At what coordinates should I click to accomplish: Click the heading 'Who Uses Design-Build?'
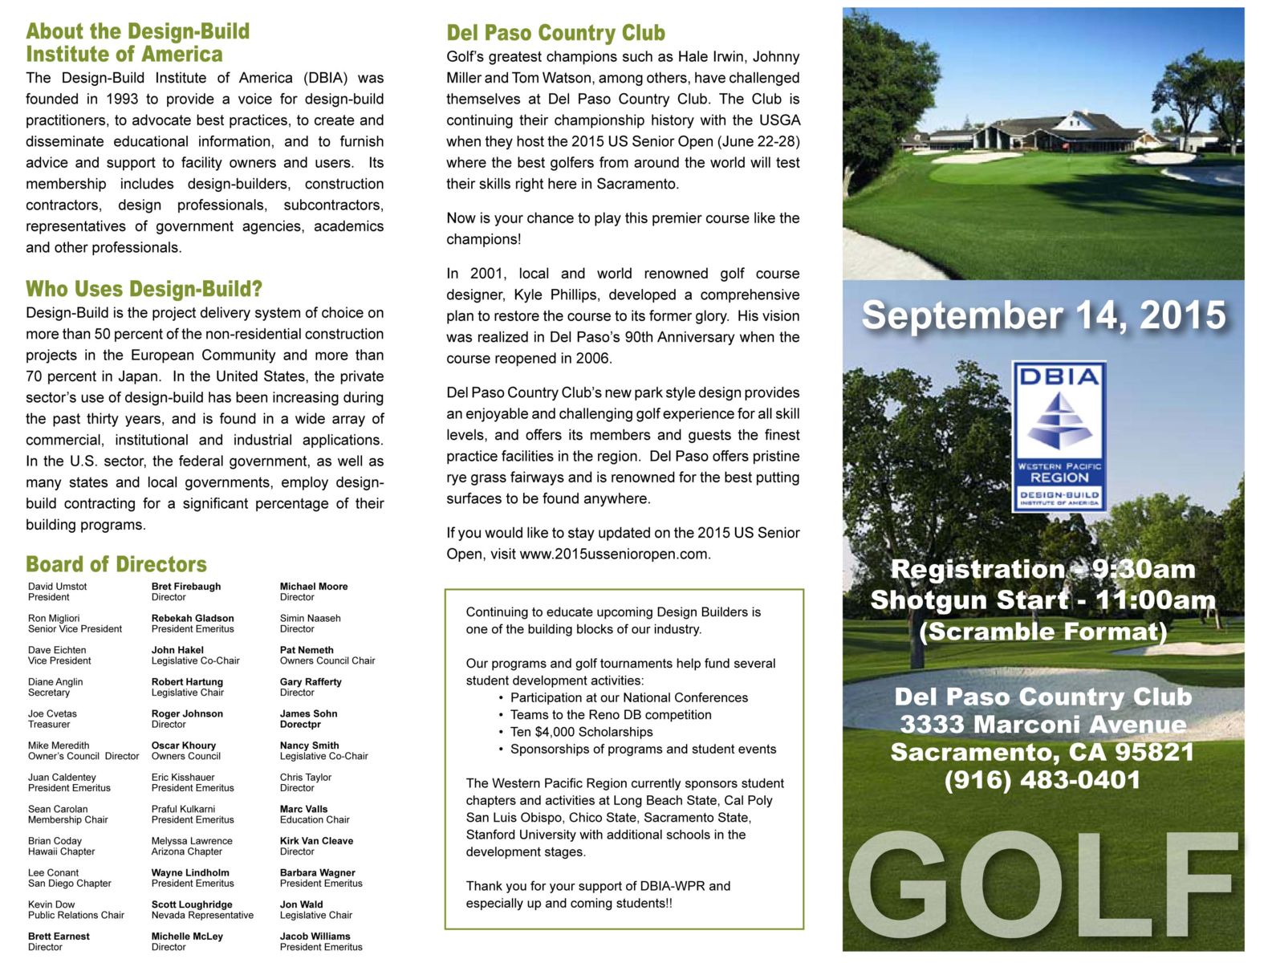click(144, 289)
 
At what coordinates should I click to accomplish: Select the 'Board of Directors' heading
click(116, 564)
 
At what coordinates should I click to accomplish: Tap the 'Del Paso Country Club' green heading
click(555, 33)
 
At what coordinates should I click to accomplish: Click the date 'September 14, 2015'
click(1042, 315)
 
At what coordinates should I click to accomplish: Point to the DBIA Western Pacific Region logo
click(1059, 436)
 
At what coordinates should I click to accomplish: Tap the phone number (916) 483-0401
click(1042, 780)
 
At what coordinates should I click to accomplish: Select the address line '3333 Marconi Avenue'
click(1042, 725)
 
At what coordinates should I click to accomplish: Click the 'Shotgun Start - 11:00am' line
click(1042, 600)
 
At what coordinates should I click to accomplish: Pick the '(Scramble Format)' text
click(1042, 632)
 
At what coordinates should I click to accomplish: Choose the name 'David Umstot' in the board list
click(57, 587)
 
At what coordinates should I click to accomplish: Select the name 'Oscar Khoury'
click(183, 746)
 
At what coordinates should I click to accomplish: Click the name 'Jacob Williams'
click(315, 937)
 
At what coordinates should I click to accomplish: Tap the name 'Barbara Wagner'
click(317, 873)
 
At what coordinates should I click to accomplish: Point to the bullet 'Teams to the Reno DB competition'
click(610, 715)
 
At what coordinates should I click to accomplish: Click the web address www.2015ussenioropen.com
click(614, 554)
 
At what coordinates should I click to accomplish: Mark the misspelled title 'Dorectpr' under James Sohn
click(300, 724)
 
